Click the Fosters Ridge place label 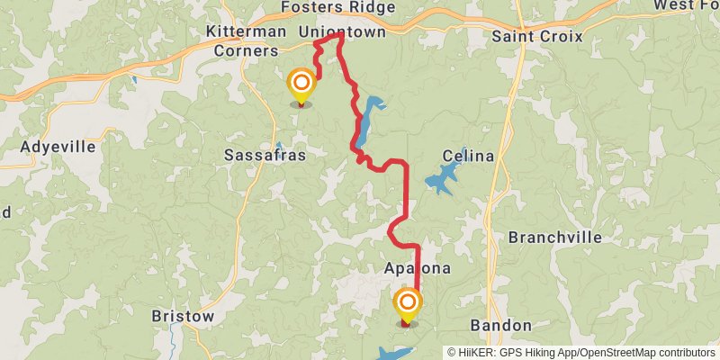(337, 7)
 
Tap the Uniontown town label (342, 31)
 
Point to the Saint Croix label (537, 37)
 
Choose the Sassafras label (265, 155)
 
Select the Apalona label (418, 269)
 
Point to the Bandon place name (501, 325)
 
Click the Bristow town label (183, 317)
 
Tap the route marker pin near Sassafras (301, 86)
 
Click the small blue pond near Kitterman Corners (134, 80)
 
